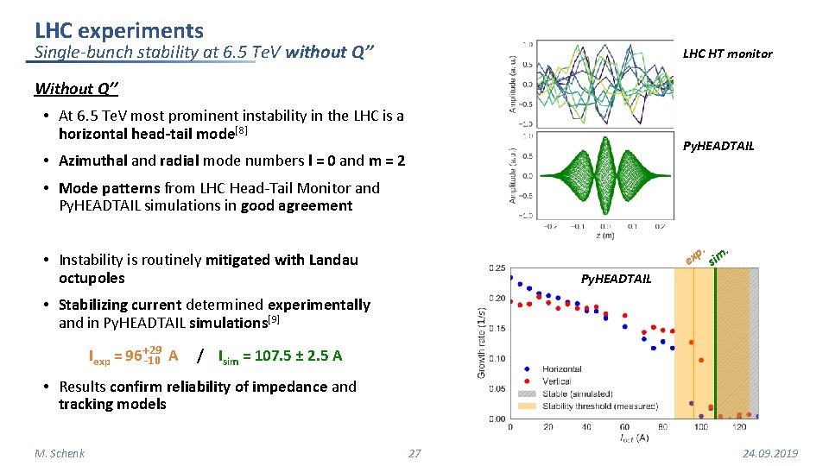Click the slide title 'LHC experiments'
pos(119,31)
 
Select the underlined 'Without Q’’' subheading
pos(77,88)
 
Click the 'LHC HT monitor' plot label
pos(727,54)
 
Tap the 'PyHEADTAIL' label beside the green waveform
pos(718,146)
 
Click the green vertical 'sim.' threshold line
pos(715,345)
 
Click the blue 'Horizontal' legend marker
pos(527,369)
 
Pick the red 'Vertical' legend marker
pos(527,381)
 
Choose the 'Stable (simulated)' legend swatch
pos(527,394)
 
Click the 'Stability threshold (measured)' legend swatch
pos(527,406)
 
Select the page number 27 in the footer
pos(414,454)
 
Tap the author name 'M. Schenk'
pos(60,454)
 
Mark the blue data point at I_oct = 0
pos(510,278)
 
